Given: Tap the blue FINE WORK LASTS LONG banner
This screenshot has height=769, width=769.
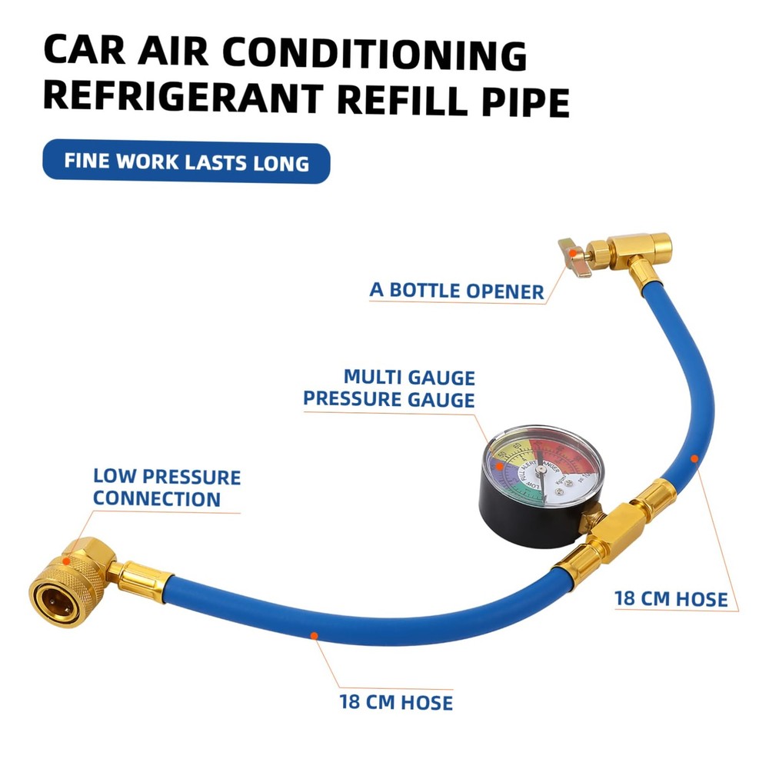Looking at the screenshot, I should click(186, 162).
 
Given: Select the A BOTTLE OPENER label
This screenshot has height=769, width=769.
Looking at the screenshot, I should click(457, 291).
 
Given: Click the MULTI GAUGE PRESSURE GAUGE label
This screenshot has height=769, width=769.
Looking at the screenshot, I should click(389, 388).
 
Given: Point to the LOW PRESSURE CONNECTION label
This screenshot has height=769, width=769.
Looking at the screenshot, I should click(166, 488).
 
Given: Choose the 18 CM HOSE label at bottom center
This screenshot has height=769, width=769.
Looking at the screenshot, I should click(395, 701).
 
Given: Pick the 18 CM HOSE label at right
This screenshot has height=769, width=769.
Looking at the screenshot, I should click(671, 598).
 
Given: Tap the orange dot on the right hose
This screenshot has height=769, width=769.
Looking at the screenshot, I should click(694, 458).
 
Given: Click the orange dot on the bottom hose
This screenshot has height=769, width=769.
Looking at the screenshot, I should click(313, 634).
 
